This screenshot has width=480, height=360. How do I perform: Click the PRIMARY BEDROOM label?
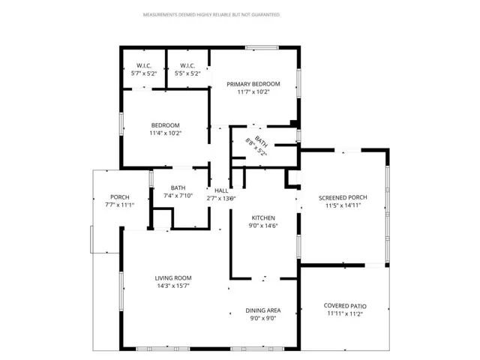253,84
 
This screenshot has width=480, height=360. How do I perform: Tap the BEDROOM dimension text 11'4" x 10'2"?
166,133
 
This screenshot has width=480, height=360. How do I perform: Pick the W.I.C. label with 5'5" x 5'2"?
187,65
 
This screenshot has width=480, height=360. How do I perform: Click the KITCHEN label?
263,217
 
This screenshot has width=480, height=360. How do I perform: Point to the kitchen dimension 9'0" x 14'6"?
263,225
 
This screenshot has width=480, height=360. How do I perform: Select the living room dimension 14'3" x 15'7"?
173,286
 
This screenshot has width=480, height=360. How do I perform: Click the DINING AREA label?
262,310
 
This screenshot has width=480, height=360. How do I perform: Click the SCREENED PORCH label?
343,197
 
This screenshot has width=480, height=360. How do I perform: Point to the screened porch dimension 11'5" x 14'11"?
343,205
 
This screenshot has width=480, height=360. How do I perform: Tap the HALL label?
221,191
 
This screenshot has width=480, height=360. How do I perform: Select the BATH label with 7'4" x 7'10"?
178,187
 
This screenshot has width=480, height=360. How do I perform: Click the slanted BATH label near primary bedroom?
261,141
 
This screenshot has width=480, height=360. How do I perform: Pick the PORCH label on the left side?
120,196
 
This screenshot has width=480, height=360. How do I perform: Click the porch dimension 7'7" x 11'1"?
120,205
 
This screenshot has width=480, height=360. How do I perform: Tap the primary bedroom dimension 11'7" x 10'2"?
253,92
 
